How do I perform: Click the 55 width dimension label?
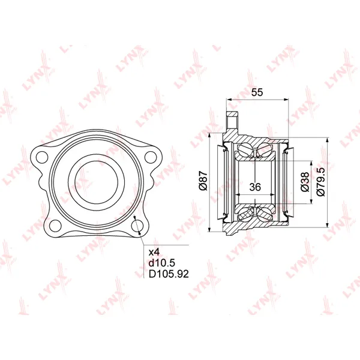point(257,92)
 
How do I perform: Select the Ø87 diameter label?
point(203,181)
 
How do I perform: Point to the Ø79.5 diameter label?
point(321,182)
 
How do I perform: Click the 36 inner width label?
point(255,187)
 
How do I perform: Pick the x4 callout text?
point(154,253)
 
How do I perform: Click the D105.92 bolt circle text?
point(169,274)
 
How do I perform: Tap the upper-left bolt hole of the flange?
point(42,157)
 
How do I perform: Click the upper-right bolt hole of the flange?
point(151,157)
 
